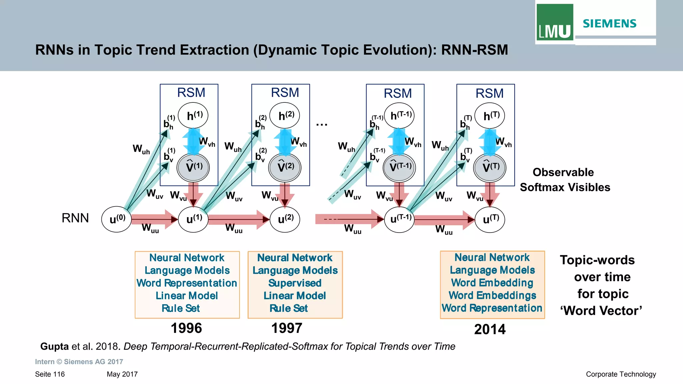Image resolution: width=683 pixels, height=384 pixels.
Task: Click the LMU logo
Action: tap(555, 23)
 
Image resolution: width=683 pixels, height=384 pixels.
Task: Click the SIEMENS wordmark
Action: tap(610, 24)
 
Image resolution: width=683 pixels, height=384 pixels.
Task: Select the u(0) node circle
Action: tap(116, 219)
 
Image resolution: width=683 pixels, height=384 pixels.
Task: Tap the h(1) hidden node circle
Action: tap(193, 116)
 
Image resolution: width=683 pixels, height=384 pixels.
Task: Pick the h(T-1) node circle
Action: tap(399, 116)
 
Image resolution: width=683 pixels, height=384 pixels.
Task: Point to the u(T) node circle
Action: tap(490, 219)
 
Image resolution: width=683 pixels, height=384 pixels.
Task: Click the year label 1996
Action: tap(186, 328)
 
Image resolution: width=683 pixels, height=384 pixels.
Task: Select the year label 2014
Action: tap(490, 330)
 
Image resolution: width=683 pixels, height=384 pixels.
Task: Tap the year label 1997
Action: tap(286, 328)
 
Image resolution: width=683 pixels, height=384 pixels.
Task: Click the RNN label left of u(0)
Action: tap(75, 218)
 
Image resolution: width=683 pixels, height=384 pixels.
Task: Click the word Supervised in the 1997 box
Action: tap(295, 283)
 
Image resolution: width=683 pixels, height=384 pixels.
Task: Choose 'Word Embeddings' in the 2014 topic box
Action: tap(492, 295)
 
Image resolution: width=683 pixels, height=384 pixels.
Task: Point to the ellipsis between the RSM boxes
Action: tap(322, 125)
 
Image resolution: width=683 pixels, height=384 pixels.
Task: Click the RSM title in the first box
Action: tap(191, 93)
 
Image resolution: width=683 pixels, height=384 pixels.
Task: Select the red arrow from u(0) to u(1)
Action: tap(154, 219)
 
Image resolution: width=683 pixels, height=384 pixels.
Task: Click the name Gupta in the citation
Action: tap(54, 346)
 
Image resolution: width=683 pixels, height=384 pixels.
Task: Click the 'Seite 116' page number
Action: tap(50, 374)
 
